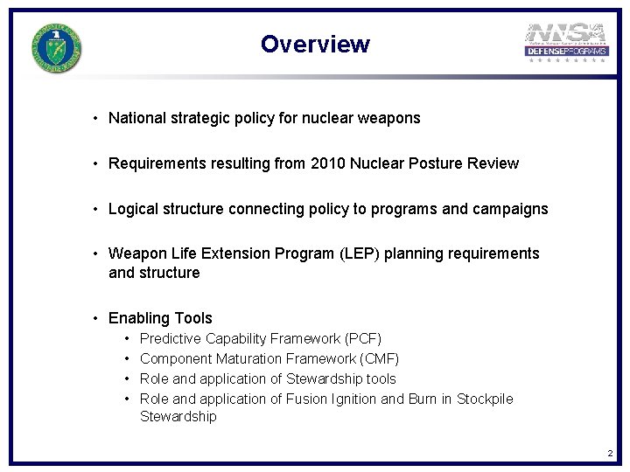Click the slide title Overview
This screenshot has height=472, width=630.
[315, 45]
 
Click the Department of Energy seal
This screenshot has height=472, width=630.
[57, 48]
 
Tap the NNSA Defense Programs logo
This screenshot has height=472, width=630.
[566, 45]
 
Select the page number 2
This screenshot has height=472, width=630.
[610, 453]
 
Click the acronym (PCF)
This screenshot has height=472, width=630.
[363, 338]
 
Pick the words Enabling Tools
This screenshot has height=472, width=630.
[160, 318]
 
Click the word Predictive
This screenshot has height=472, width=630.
[171, 338]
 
